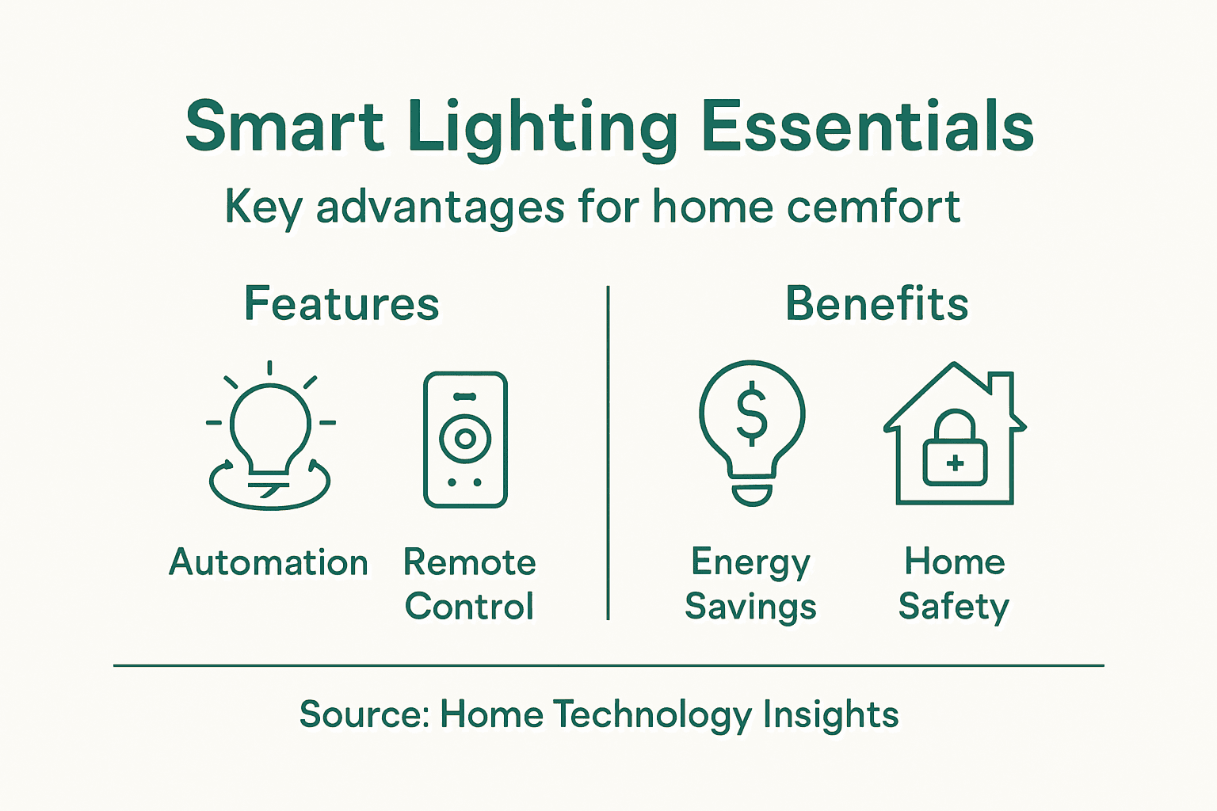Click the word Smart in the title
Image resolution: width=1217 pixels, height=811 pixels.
(284, 127)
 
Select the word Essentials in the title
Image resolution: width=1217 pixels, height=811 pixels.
(868, 127)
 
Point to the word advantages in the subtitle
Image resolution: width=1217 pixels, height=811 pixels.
(441, 208)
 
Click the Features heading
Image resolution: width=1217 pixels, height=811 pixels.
(341, 304)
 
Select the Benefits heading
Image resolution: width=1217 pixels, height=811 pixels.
(876, 304)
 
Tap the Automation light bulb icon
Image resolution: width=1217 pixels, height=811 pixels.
(269, 436)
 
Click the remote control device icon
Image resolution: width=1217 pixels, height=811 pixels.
(465, 440)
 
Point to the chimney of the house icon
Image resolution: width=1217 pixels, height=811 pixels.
(1002, 388)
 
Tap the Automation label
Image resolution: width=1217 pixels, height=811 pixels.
(269, 563)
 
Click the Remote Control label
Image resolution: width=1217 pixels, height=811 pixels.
(469, 584)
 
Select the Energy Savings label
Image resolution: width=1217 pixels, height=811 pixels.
(750, 584)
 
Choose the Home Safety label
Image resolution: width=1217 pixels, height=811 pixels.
(954, 584)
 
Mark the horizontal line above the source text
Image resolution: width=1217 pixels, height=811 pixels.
(608, 666)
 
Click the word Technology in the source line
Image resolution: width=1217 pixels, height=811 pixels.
(651, 715)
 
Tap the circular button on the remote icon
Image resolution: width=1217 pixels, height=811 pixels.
(465, 438)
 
